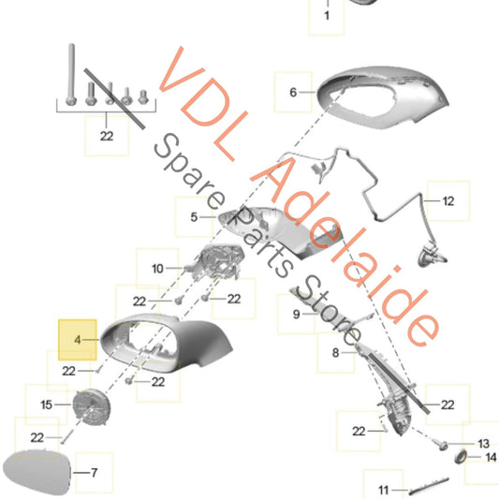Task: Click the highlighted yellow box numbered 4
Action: tap(78, 340)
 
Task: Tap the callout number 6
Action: tap(293, 93)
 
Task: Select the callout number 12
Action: tap(448, 201)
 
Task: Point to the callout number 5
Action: tap(194, 217)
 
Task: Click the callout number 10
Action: tap(157, 269)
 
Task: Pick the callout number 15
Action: tap(46, 404)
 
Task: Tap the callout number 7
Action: tap(94, 473)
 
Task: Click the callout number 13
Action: tap(483, 444)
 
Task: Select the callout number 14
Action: tap(492, 457)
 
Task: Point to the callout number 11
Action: tap(384, 490)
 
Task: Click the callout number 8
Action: tap(335, 353)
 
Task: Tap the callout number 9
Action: tap(296, 315)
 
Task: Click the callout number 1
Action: tap(327, 15)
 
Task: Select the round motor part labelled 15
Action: tap(92, 407)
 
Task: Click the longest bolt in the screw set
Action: tap(71, 75)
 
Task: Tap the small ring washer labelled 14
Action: tap(461, 457)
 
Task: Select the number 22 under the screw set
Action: tap(107, 136)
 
